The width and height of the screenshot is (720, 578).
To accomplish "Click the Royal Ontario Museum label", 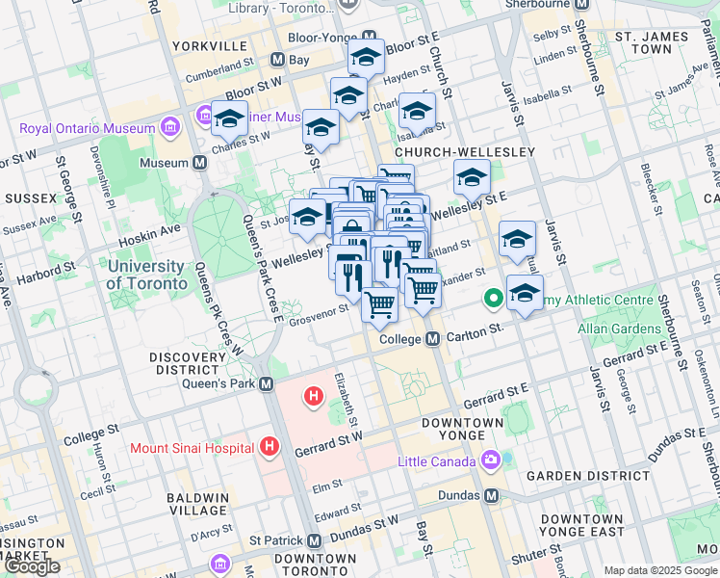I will (x=87, y=128).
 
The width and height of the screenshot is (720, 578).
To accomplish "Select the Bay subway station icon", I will (x=277, y=60).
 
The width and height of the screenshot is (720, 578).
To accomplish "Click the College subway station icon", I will (x=432, y=339).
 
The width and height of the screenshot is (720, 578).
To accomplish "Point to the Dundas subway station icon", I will (x=492, y=495).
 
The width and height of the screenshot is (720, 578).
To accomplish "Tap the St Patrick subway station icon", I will (x=315, y=541).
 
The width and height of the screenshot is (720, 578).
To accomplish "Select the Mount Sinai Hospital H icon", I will (x=270, y=447).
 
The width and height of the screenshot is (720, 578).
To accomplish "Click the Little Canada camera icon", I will (x=491, y=461).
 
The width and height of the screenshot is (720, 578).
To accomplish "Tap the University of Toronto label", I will (x=146, y=275).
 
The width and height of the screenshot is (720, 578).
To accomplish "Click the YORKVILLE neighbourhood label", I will (x=209, y=45).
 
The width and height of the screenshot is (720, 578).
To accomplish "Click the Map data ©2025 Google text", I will (x=659, y=570).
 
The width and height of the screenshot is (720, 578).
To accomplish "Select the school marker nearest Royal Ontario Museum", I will (x=229, y=119).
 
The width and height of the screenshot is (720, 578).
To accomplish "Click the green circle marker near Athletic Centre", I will (x=494, y=299).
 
